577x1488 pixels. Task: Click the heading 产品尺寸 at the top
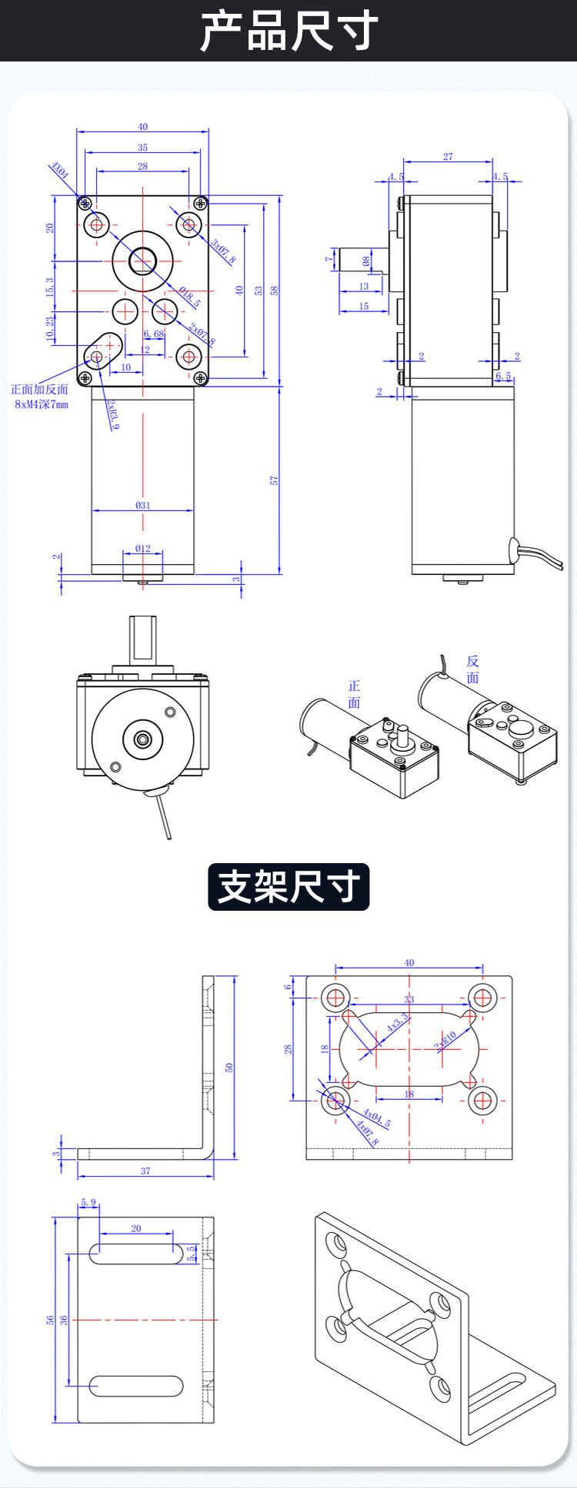(288, 31)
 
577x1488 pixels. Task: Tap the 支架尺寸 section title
(288, 886)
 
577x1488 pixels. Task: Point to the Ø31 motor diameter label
(142, 505)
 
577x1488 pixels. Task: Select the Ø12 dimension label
(142, 548)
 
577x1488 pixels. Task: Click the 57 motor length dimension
(274, 480)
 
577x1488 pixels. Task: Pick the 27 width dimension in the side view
(448, 157)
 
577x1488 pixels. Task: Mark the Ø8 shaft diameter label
(366, 261)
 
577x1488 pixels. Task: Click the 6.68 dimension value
(154, 334)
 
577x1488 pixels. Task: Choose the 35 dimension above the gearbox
(142, 147)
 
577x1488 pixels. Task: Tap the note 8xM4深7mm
(42, 404)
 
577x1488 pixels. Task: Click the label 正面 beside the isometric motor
(354, 694)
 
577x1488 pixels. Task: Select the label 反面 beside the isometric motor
(472, 669)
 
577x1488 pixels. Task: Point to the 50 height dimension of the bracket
(228, 1068)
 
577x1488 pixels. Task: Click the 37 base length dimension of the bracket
(145, 1171)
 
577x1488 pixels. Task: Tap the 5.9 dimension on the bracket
(88, 1202)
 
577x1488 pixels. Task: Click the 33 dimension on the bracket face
(409, 999)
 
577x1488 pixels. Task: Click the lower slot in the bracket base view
(136, 1386)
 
